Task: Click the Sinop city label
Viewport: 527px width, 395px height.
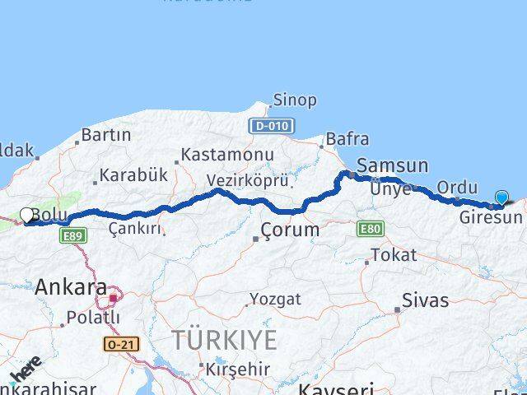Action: [x=294, y=100]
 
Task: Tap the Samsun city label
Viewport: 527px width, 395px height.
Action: [x=392, y=165]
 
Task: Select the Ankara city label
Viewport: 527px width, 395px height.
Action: [x=71, y=287]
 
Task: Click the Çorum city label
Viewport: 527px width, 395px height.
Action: [x=289, y=230]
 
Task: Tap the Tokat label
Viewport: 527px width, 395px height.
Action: [x=394, y=255]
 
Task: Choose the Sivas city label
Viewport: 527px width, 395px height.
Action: [x=426, y=300]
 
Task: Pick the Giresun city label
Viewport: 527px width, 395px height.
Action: [x=491, y=218]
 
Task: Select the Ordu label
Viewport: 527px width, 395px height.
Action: [x=457, y=187]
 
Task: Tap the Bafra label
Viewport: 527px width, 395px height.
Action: [x=347, y=139]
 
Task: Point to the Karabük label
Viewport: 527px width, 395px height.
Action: [x=133, y=175]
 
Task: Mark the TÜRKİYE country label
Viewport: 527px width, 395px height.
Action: [x=224, y=340]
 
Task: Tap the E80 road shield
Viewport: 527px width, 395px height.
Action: [x=370, y=229]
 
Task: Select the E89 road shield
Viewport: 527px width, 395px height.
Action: [x=72, y=235]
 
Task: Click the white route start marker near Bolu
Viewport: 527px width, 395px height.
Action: [x=26, y=216]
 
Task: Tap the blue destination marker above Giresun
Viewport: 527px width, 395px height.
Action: [x=502, y=197]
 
